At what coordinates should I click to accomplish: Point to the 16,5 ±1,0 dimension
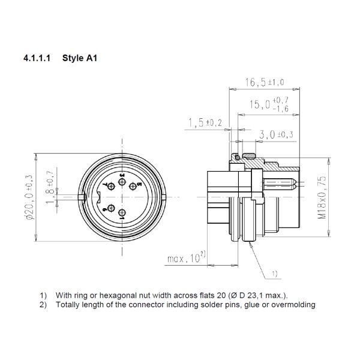264,83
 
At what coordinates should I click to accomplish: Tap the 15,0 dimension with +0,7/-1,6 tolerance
269,104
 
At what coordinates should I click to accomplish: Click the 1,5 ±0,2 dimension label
205,122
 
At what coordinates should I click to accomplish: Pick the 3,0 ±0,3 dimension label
272,134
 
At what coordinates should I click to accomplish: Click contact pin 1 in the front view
122,214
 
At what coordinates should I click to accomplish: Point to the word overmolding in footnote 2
293,304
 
